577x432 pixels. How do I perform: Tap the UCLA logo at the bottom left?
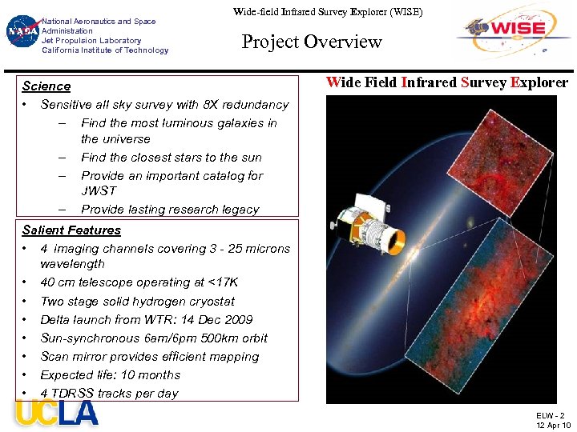pos(56,414)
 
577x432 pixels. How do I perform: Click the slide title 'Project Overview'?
pos(312,42)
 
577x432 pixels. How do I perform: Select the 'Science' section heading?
pos(46,86)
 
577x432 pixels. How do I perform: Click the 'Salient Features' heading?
pos(71,230)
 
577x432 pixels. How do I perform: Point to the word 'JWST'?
pos(99,191)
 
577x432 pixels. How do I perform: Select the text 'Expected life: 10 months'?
pos(111,374)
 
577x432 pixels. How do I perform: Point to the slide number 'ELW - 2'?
pos(550,415)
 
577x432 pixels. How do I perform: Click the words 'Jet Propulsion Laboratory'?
pos(91,40)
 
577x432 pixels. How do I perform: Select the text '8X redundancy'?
pos(249,104)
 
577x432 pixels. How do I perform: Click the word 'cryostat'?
pos(209,301)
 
